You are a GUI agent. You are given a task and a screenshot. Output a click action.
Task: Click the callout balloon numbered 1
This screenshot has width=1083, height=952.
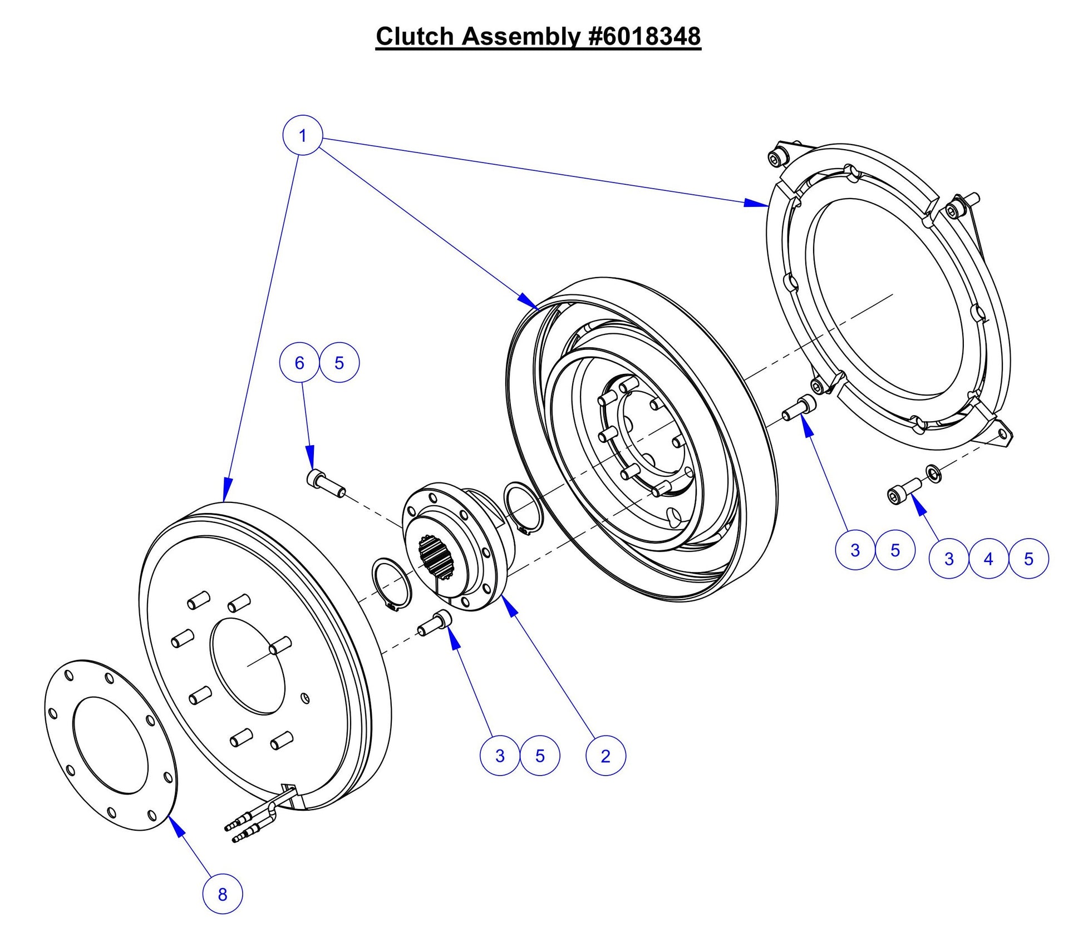click(x=302, y=135)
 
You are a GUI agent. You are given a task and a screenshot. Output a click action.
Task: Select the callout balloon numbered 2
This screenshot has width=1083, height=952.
click(x=606, y=756)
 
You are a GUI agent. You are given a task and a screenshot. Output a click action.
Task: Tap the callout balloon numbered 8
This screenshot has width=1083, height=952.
click(x=222, y=894)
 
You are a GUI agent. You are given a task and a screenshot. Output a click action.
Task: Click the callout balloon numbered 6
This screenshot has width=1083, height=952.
click(x=299, y=363)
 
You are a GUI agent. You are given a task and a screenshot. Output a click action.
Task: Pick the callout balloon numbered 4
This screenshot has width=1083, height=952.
click(x=988, y=559)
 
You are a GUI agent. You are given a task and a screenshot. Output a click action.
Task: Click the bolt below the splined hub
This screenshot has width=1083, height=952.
click(x=435, y=624)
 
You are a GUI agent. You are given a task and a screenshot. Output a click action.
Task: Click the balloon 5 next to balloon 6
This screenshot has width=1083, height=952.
click(x=339, y=363)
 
